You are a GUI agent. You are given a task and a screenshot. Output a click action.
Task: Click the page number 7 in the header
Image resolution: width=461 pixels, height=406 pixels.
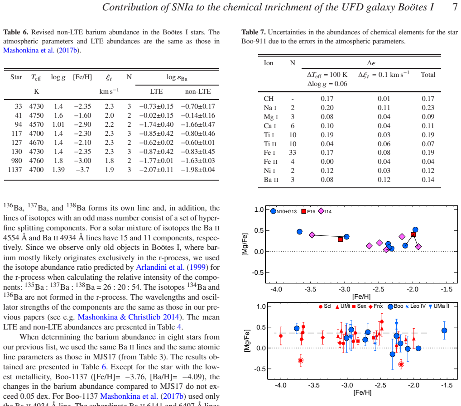(455, 7)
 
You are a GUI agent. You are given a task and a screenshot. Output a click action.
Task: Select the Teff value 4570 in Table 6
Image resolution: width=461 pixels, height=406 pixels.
(36, 124)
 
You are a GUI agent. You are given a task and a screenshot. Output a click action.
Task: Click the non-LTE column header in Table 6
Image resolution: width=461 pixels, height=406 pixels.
(198, 91)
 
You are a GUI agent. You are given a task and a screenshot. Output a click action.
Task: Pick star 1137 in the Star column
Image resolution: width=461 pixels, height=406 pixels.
(14, 170)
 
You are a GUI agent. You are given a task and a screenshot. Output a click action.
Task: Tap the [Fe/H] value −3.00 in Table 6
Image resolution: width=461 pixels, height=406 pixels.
(82, 161)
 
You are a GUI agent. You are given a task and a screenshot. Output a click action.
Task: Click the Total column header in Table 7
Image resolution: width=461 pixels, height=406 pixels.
(428, 75)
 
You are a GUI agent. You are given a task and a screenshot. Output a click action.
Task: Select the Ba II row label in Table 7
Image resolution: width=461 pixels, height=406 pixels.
(271, 180)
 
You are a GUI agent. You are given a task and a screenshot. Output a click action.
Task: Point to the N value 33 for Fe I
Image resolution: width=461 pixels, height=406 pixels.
(292, 153)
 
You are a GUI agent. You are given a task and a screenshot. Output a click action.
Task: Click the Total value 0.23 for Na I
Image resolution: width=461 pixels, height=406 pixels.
(428, 108)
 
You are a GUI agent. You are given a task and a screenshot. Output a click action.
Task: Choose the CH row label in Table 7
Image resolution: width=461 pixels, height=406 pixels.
(269, 98)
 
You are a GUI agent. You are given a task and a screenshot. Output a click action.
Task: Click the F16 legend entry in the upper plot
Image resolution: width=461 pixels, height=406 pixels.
(308, 211)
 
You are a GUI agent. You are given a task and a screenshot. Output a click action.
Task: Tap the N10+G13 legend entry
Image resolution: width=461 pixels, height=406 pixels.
(283, 211)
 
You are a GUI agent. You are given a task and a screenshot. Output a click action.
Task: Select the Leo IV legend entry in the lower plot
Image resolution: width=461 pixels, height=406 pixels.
(415, 306)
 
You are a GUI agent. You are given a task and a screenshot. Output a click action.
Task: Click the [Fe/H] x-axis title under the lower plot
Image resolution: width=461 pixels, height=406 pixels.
(362, 392)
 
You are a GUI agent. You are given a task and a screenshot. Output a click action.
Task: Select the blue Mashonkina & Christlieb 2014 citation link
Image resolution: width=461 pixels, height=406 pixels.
(128, 317)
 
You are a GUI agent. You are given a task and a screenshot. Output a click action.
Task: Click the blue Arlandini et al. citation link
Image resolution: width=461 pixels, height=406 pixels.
(160, 267)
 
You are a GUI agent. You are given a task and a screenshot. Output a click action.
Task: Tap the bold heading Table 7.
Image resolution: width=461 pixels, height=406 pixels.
(254, 32)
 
